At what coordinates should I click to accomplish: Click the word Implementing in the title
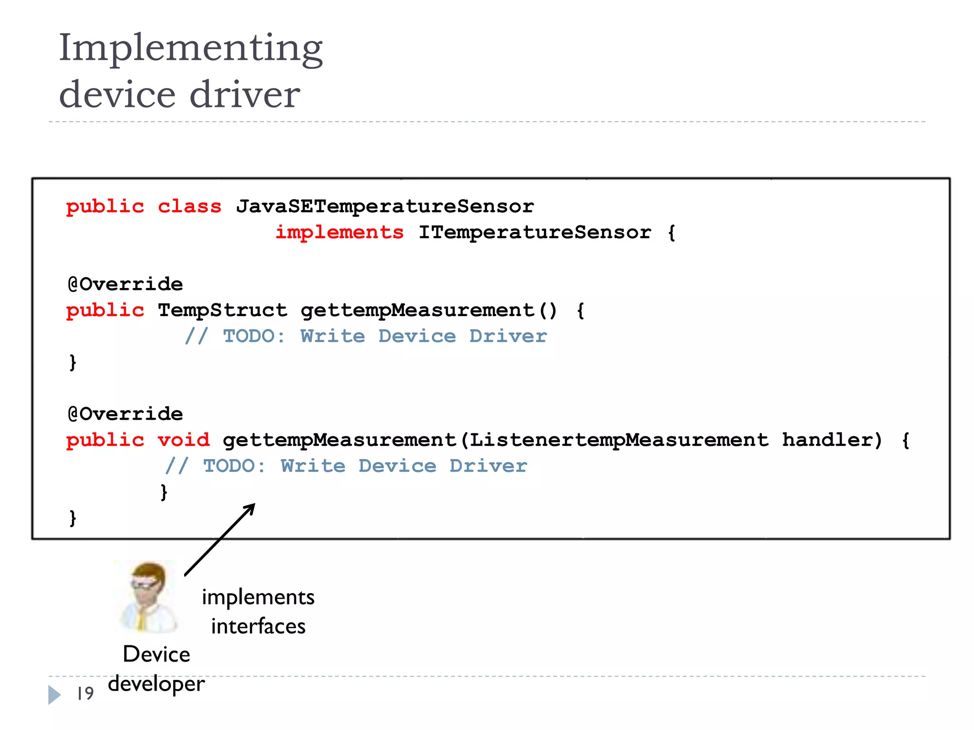[190, 48]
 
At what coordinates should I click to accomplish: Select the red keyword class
[189, 206]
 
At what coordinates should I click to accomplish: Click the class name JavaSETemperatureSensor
[385, 206]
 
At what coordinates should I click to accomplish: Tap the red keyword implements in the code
[340, 232]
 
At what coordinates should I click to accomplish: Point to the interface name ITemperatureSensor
[535, 232]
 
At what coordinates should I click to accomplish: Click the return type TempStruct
[222, 310]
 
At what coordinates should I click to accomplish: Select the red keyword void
[184, 440]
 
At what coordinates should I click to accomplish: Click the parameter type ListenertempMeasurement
[619, 440]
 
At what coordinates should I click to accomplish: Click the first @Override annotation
[125, 284]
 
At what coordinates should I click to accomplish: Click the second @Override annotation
[125, 414]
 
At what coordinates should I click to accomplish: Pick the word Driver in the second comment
[488, 466]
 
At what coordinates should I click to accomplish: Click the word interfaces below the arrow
[258, 626]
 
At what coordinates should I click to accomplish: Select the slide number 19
[86, 693]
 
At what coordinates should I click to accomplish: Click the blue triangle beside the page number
[54, 694]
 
